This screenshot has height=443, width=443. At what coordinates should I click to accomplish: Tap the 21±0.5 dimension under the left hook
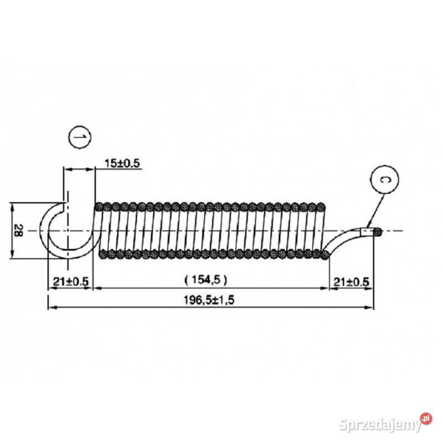point(70,281)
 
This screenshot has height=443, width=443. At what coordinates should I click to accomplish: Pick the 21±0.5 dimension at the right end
point(351,281)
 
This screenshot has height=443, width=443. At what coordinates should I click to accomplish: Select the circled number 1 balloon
point(79,136)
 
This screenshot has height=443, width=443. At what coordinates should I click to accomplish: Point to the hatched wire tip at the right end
point(376,231)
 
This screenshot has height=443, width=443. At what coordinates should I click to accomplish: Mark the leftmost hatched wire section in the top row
point(100,207)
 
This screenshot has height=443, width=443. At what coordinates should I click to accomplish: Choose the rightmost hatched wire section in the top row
point(321,207)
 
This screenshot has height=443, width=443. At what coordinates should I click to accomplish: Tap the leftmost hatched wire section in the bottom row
point(102,254)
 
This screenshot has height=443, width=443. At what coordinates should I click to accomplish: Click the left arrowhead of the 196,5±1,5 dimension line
point(51,307)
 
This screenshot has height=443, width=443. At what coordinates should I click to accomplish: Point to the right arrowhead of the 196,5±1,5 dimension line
point(372,307)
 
